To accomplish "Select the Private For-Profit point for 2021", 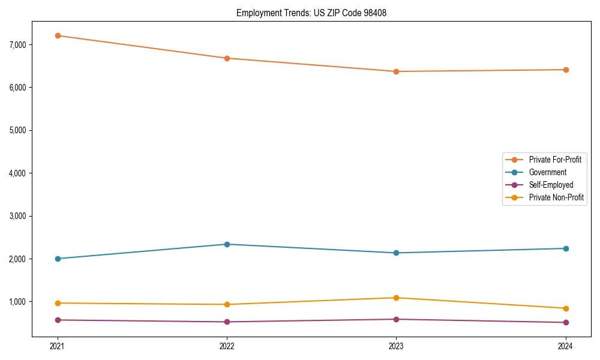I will pyautogui.click(x=58, y=35).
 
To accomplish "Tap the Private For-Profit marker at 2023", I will pyautogui.click(x=396, y=71).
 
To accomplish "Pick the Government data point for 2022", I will pyautogui.click(x=227, y=244).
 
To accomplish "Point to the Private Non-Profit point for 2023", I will pyautogui.click(x=396, y=298).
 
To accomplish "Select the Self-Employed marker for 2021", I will pyautogui.click(x=58, y=320).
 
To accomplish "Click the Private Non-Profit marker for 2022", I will pyautogui.click(x=227, y=304).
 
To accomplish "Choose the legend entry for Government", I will pyautogui.click(x=547, y=172).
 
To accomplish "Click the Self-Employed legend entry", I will pyautogui.click(x=551, y=185).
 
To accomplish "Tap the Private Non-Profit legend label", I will pyautogui.click(x=556, y=197).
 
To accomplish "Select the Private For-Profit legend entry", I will pyautogui.click(x=554, y=160).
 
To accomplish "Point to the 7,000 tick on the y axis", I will pyautogui.click(x=17, y=45).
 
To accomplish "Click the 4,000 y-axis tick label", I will pyautogui.click(x=17, y=173).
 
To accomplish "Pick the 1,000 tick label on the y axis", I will pyautogui.click(x=17, y=302).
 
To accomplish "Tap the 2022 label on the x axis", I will pyautogui.click(x=227, y=346).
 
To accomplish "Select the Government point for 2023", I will pyautogui.click(x=396, y=253).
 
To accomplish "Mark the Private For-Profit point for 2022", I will pyautogui.click(x=227, y=58).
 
